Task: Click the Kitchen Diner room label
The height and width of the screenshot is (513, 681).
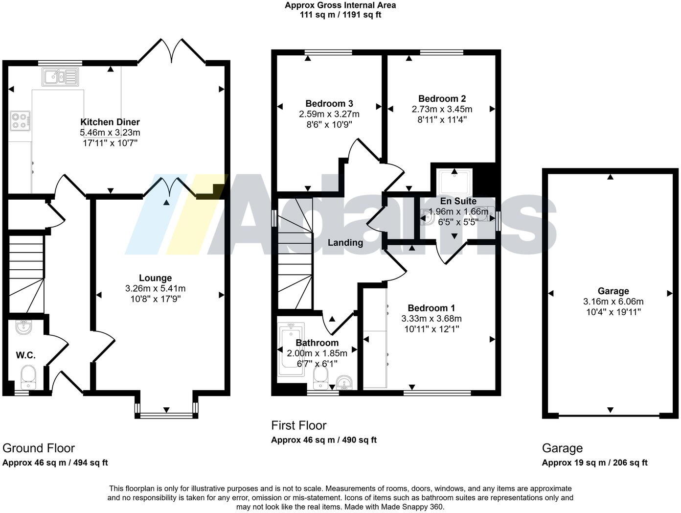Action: point(110,122)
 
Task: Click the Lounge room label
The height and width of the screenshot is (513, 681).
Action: point(155,278)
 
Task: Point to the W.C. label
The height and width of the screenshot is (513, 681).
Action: point(25,355)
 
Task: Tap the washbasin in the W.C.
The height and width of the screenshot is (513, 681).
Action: point(23,327)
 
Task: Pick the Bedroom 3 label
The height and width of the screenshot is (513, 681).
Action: point(329,103)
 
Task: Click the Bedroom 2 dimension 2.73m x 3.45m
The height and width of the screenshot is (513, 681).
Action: point(442,109)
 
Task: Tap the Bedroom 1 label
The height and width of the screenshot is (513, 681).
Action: point(431,308)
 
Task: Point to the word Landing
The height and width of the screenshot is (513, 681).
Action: point(345,243)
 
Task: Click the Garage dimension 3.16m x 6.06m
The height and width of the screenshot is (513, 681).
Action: point(613,302)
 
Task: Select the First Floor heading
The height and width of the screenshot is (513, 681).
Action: point(298,425)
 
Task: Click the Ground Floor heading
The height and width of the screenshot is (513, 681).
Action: point(39,448)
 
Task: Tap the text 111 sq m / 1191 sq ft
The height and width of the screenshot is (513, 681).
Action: point(340,15)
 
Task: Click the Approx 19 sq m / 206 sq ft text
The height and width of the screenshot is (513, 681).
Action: point(594,463)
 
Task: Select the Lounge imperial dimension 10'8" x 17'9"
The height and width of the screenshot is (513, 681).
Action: point(155,299)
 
